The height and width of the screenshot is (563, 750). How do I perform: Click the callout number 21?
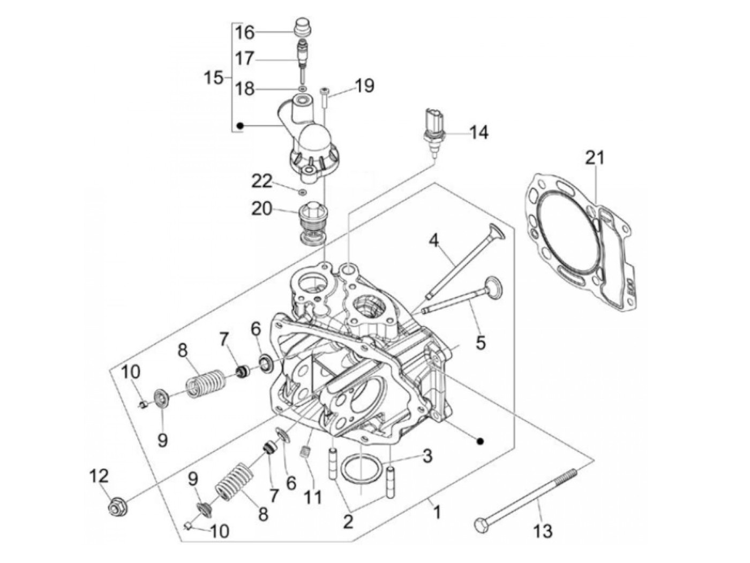pyautogui.click(x=594, y=158)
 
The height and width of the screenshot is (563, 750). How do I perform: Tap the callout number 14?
pyautogui.click(x=479, y=132)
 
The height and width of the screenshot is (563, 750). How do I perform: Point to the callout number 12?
pyautogui.click(x=100, y=476)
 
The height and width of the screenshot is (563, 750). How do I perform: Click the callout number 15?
pyautogui.click(x=213, y=78)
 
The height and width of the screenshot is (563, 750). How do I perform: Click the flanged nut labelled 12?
pyautogui.click(x=115, y=506)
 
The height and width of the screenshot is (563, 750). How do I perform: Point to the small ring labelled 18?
pyautogui.click(x=303, y=88)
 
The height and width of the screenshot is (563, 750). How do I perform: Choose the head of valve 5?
pyautogui.click(x=493, y=284)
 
